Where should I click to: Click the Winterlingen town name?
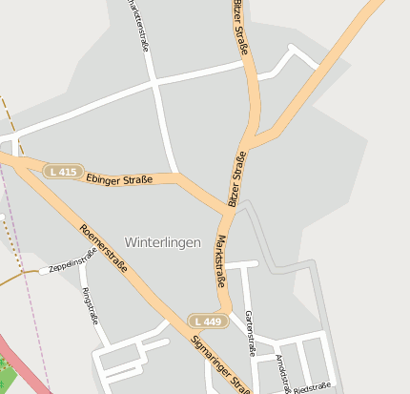click(163, 242)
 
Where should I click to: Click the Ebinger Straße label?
click(119, 179)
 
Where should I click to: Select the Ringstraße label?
click(92, 305)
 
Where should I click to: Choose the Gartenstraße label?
click(251, 332)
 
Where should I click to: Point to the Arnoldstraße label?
click(281, 372)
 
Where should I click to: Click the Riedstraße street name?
click(313, 387)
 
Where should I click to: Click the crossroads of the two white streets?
click(155, 85)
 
